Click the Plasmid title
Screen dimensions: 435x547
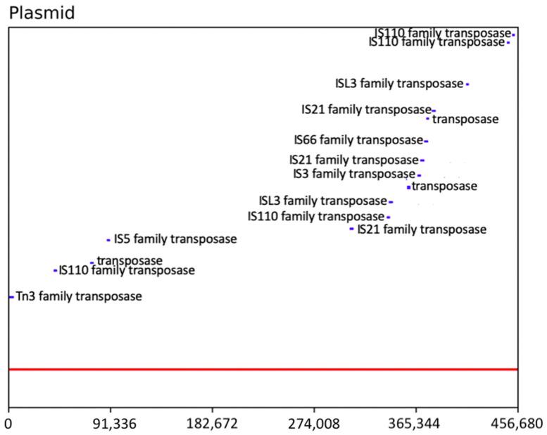click(x=42, y=13)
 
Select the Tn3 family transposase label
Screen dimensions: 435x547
click(x=79, y=297)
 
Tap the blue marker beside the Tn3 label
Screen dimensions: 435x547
click(x=11, y=297)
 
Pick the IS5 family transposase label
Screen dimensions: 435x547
click(x=175, y=239)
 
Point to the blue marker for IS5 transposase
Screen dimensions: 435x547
click(x=108, y=239)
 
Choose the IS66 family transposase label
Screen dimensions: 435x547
click(x=358, y=140)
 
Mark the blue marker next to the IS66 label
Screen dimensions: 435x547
click(x=426, y=141)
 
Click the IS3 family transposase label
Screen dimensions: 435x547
click(x=353, y=174)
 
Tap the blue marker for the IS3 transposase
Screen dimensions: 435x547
click(x=419, y=175)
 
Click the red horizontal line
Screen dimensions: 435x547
click(x=263, y=369)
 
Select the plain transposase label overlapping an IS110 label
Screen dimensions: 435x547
click(x=130, y=260)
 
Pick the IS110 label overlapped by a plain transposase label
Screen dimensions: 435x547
click(x=127, y=270)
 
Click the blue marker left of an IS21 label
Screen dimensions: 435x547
click(x=351, y=228)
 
